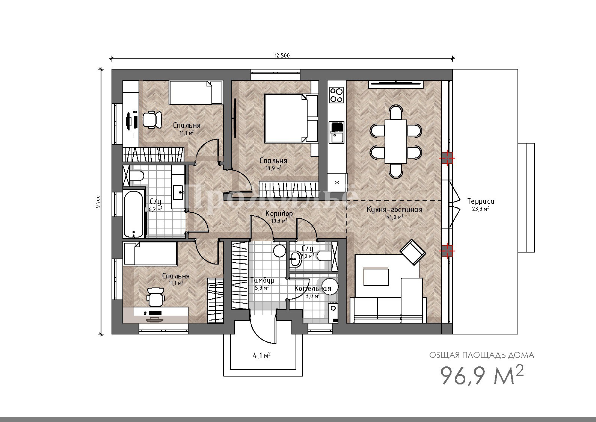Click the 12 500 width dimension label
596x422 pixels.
click(282, 55)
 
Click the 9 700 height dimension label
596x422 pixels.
click(98, 201)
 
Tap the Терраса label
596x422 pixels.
click(481, 201)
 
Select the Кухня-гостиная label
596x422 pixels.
click(394, 210)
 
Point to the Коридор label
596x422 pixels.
click(279, 213)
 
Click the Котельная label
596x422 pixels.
click(312, 288)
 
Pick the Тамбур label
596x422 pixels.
click(262, 280)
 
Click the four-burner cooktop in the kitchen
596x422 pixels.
click(336, 95)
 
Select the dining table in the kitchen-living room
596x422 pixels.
click(396, 141)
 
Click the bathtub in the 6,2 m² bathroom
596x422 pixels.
click(134, 214)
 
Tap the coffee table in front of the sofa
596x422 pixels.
click(376, 277)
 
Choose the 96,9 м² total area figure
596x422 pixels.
click(482, 375)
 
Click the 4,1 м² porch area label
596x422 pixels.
click(261, 355)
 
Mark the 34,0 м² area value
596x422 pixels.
click(394, 217)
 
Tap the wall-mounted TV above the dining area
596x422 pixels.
click(396, 84)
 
